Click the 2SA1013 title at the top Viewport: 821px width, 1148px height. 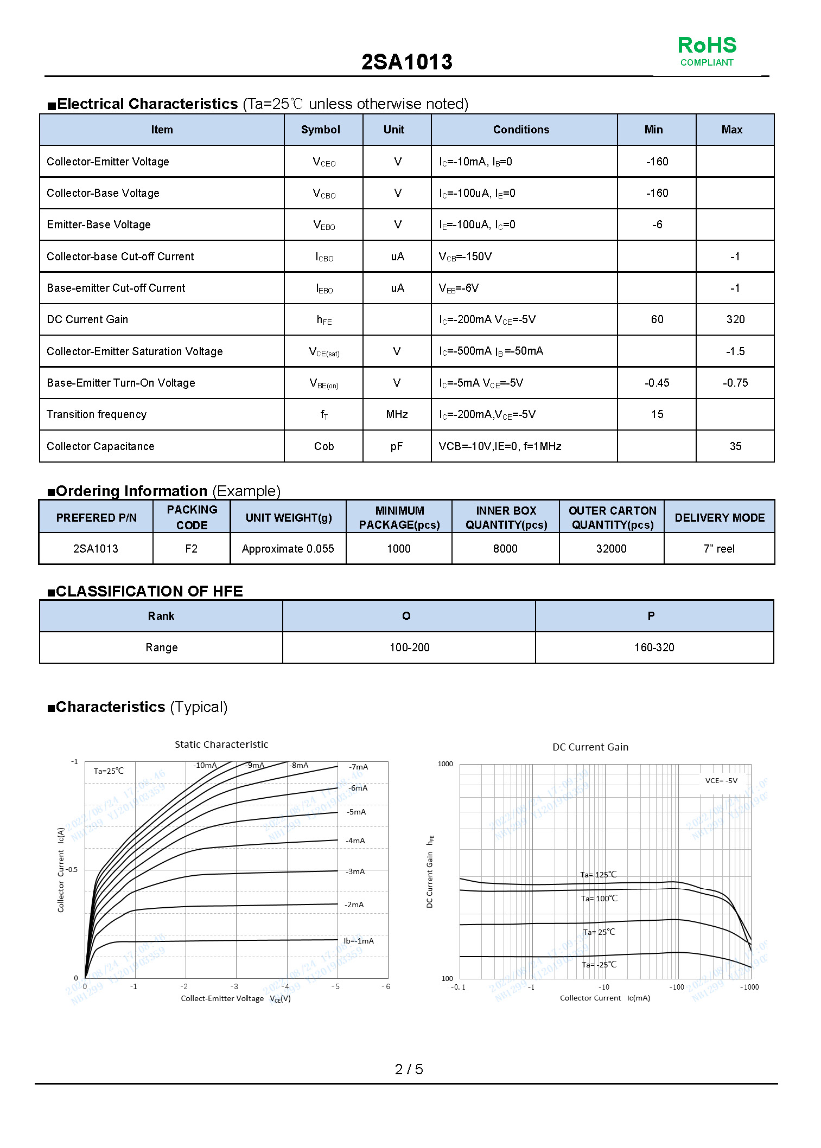406,62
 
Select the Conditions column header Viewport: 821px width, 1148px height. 521,130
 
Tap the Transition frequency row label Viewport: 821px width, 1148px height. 97,414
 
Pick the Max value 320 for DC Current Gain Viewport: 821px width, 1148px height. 735,319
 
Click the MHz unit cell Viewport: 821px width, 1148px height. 397,414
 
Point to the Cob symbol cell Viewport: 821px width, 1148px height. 324,446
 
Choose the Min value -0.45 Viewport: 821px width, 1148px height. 657,383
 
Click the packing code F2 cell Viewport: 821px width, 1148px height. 191,549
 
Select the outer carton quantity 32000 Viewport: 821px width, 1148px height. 611,549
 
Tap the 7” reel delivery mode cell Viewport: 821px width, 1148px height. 719,549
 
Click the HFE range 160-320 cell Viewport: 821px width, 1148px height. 654,647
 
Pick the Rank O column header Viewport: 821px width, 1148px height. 406,616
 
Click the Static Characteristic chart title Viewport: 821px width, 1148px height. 221,745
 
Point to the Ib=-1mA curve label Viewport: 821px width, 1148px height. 359,941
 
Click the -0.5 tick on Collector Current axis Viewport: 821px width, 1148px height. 72,870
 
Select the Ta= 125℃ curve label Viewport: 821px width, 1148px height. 598,875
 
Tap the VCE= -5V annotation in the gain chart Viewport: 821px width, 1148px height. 721,781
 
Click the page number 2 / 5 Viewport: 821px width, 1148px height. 409,1069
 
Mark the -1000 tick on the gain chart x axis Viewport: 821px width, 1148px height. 749,987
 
